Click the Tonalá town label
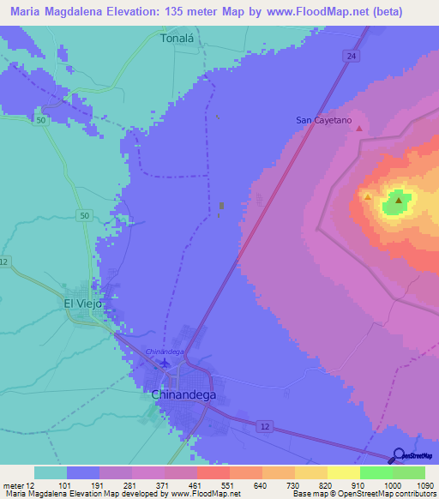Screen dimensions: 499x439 pos(178,39)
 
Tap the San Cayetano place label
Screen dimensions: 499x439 pos(324,120)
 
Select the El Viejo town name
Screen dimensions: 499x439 pos(83,304)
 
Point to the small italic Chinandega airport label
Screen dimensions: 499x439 pos(165,352)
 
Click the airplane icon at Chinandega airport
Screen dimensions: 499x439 pos(165,364)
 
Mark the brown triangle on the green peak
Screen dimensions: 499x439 pos(399,200)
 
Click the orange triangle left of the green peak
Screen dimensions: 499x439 pos(368,196)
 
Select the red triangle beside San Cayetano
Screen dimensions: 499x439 pos(359,129)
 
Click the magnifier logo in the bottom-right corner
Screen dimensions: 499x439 pos(399,456)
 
